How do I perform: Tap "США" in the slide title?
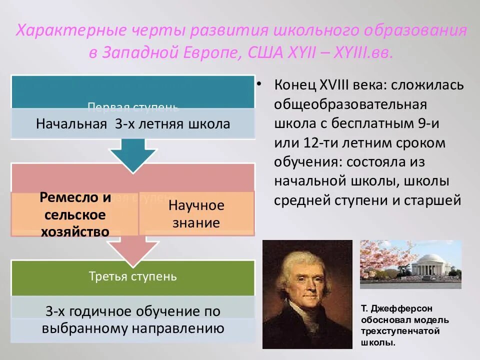coord(266,52)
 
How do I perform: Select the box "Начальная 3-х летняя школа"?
coord(133,123)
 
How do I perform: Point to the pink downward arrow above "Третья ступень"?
coord(133,248)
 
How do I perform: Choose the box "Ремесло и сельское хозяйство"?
coord(75,214)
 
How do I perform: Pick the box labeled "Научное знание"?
coord(196,214)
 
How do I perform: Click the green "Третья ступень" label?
coord(133,276)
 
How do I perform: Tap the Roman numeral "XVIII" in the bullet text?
coord(333,84)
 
